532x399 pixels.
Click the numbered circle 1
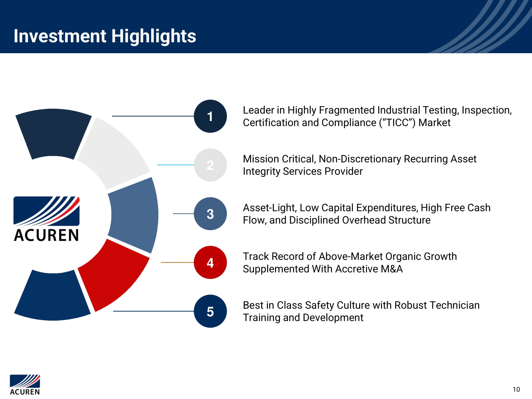tap(210, 116)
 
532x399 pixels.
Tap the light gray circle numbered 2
tap(210, 165)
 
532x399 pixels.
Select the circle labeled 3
tap(210, 214)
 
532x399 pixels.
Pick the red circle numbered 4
tap(210, 263)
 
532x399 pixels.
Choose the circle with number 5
tap(210, 311)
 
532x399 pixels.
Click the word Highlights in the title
tap(154, 36)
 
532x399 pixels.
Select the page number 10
tap(516, 389)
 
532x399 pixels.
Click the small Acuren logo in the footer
tap(25, 384)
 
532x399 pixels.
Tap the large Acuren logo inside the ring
tap(47, 219)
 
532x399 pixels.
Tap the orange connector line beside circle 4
tap(177, 262)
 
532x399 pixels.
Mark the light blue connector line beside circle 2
tap(176, 165)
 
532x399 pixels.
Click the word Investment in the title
tap(60, 36)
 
